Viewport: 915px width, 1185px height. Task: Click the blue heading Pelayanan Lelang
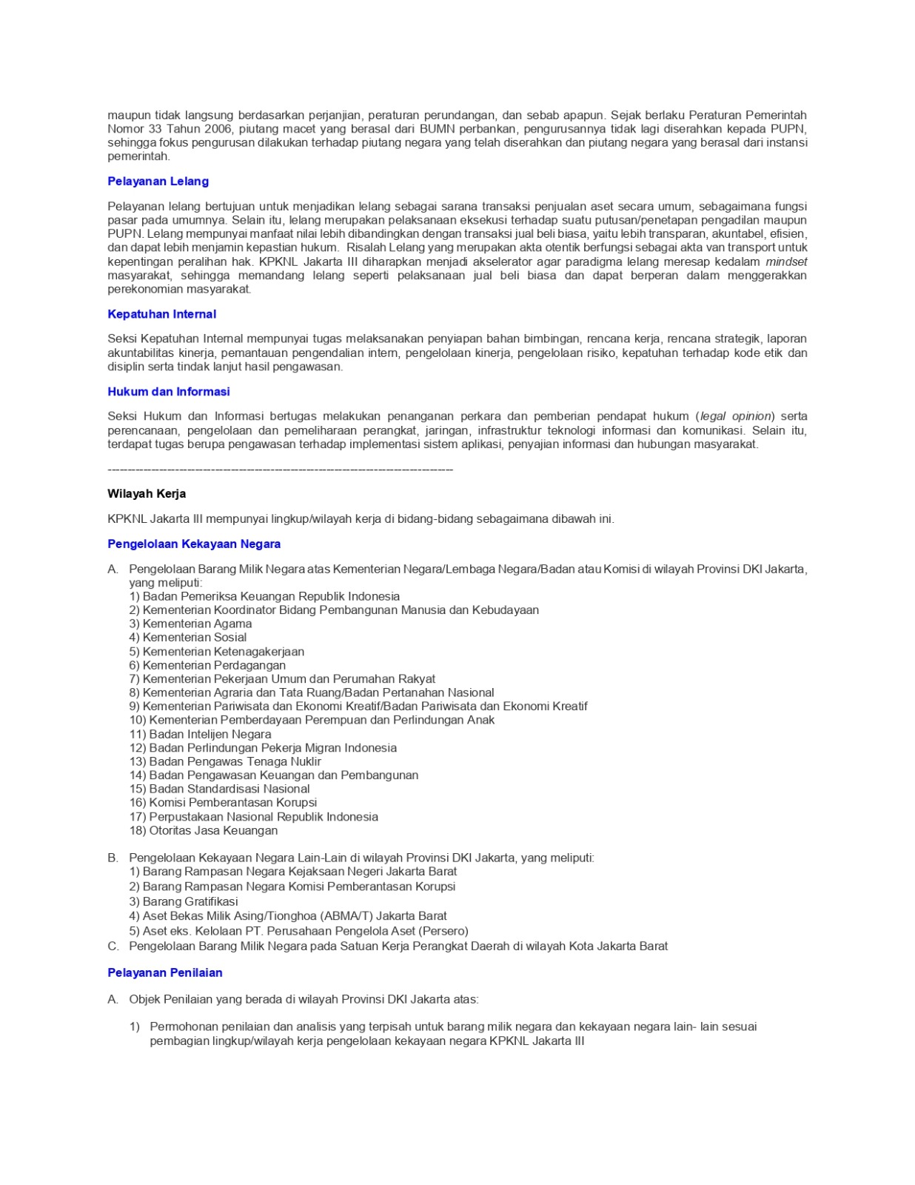(158, 181)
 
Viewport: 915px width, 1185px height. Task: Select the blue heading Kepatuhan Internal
(161, 314)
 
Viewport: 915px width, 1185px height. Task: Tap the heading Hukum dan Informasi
(168, 392)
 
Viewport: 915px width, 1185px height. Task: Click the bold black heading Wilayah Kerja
(147, 494)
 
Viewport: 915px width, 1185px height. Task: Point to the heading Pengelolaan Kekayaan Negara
(194, 544)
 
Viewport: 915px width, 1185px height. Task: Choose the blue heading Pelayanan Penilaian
(164, 973)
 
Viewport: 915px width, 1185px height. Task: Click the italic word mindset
(786, 262)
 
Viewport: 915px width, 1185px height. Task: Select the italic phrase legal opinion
(736, 417)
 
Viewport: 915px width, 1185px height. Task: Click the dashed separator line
(280, 470)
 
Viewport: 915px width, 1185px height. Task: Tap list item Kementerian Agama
(190, 624)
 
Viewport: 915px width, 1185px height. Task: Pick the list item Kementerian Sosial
(188, 638)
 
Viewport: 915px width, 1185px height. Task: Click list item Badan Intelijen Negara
(200, 734)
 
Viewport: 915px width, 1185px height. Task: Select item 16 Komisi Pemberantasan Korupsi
(223, 803)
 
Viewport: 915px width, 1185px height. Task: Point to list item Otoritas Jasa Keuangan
(204, 831)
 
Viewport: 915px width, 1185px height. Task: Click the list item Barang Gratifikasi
(184, 902)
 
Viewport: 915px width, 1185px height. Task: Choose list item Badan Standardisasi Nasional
(219, 790)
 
